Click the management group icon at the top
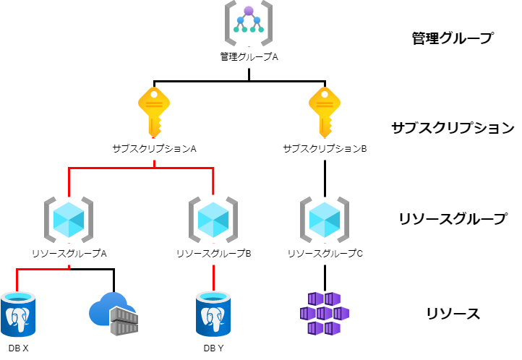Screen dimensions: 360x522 click(248, 24)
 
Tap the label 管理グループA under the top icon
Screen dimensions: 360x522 click(249, 56)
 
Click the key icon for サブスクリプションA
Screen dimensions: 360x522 click(153, 111)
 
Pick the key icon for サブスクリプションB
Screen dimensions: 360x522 click(325, 111)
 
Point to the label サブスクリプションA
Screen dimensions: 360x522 click(154, 148)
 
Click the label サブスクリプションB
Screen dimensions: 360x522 click(325, 148)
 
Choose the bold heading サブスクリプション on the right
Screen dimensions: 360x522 click(453, 128)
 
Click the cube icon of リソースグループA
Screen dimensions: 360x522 click(69, 218)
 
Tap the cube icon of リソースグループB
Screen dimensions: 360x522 click(213, 218)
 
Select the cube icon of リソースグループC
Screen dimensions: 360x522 click(325, 218)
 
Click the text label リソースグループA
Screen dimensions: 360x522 click(69, 254)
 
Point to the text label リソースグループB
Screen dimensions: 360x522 click(213, 254)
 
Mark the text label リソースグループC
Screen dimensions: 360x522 click(325, 254)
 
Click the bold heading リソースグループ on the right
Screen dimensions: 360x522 click(453, 218)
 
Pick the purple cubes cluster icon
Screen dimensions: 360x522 click(324, 313)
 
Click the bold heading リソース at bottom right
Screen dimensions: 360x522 click(453, 314)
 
